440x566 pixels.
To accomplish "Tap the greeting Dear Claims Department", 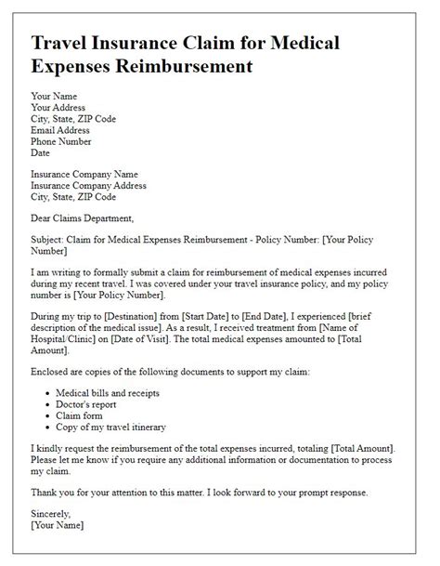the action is [x=83, y=218].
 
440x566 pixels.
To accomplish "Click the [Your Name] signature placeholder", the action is [x=58, y=526].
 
